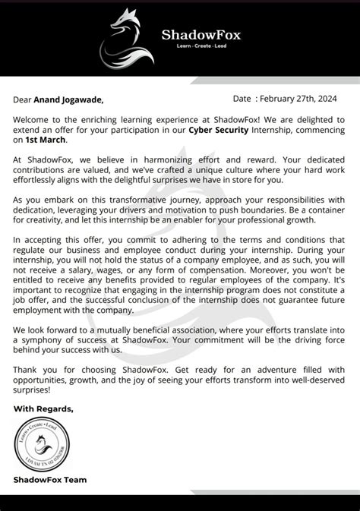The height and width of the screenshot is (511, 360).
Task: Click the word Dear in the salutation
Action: point(24,99)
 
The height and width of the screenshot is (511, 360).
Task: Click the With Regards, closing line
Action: point(44,408)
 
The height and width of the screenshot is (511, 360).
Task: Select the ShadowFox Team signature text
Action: point(50,479)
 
